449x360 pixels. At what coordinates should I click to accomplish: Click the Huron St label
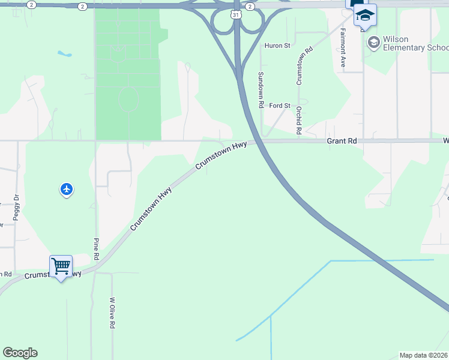tap(278, 45)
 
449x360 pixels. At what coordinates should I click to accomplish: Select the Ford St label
tap(280, 106)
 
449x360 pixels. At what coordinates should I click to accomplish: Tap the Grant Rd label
tap(342, 141)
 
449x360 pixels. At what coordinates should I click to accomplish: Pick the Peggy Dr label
tap(16, 207)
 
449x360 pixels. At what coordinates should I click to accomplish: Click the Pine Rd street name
tap(96, 248)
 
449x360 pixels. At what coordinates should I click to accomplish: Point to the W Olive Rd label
tap(112, 313)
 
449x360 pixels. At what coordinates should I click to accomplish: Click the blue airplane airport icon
tap(67, 190)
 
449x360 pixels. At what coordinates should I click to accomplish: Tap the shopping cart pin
tap(61, 266)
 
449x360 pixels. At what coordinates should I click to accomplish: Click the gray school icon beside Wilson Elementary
tap(373, 42)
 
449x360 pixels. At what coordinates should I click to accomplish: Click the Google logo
tap(20, 353)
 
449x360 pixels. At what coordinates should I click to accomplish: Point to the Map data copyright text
tap(424, 355)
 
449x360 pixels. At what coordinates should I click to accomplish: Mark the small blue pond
tap(65, 53)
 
